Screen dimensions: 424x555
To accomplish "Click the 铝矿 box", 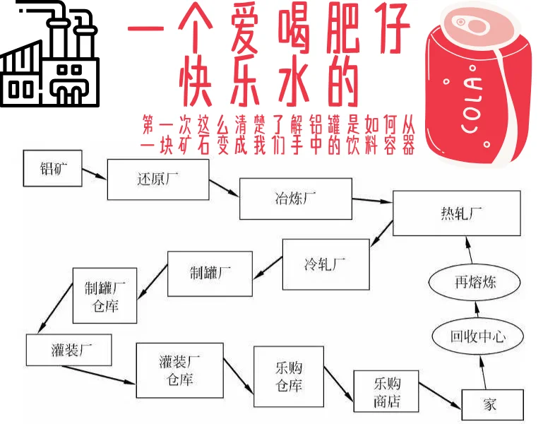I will click(52, 169).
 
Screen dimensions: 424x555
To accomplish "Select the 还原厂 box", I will click(158, 179).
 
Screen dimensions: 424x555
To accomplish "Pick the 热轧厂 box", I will click(457, 213).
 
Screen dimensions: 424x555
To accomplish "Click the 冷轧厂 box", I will click(326, 264).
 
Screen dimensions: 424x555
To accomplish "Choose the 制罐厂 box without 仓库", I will click(210, 273).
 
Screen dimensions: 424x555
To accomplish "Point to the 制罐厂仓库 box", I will click(105, 295).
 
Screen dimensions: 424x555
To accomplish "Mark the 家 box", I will click(489, 404).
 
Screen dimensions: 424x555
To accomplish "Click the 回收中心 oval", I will click(478, 336).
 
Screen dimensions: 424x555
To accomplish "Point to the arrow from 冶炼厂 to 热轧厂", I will click(371, 200).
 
